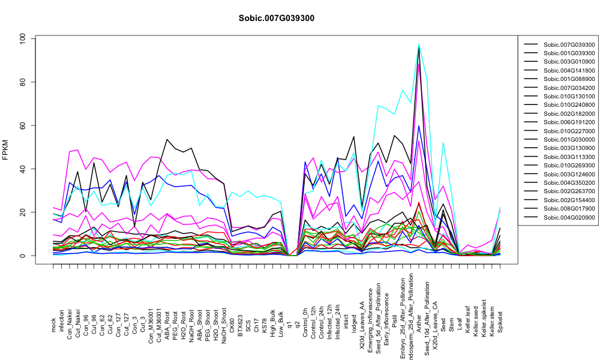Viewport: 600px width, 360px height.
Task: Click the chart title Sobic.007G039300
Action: (276, 19)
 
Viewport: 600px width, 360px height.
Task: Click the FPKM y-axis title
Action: (5, 150)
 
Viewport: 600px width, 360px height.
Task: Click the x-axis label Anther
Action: (419, 323)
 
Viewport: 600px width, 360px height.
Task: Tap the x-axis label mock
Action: (53, 325)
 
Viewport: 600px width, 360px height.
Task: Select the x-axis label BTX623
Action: (241, 320)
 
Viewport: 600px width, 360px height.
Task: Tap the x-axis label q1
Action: (289, 328)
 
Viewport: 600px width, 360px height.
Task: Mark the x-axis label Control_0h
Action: (305, 317)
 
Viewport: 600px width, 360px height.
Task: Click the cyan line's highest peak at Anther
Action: (419, 44)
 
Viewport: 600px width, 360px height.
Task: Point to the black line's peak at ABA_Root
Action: (167, 140)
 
